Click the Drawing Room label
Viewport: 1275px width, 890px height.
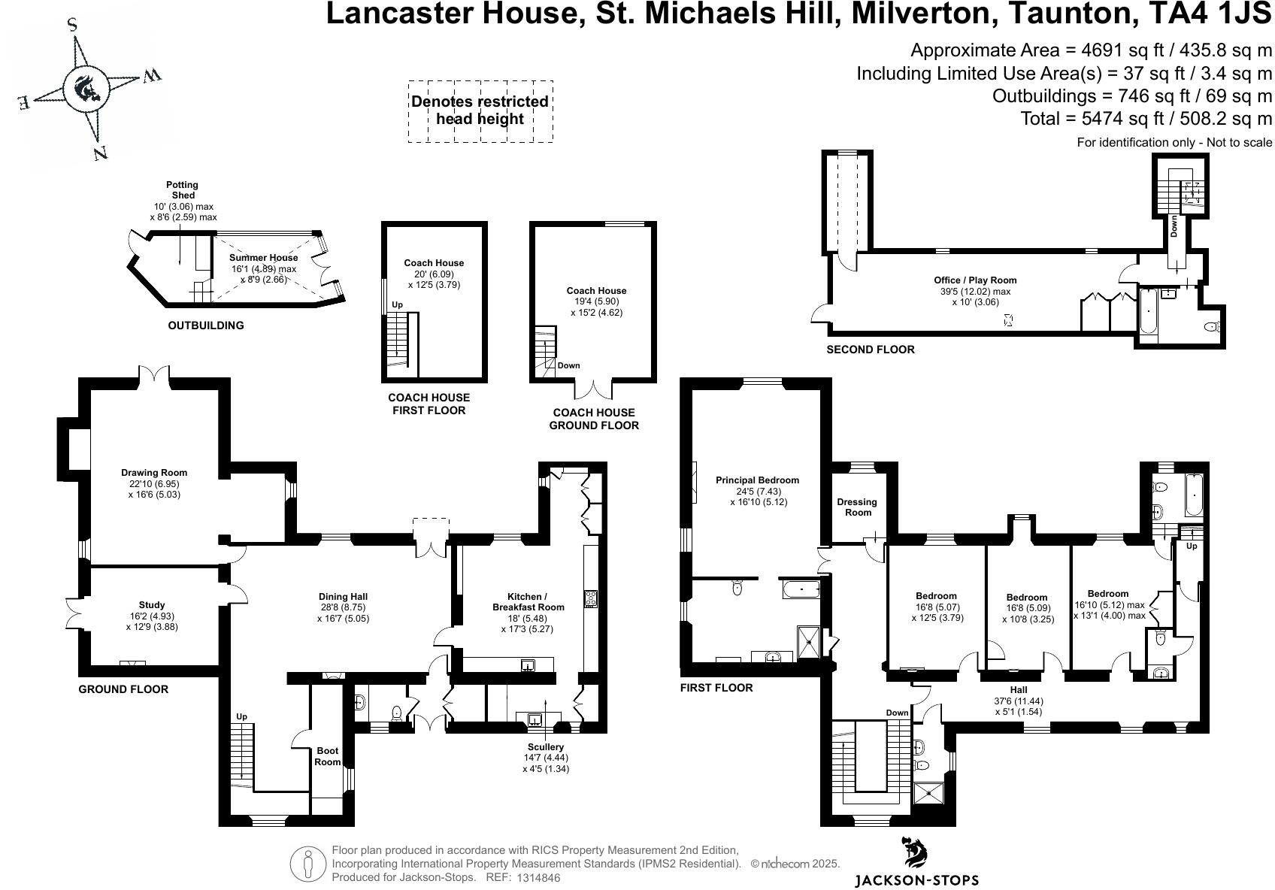click(x=154, y=473)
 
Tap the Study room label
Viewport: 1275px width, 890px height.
click(x=152, y=605)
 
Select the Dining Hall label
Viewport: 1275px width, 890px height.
click(x=343, y=597)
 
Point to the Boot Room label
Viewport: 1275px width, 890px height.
click(x=327, y=756)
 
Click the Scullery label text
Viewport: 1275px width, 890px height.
click(x=545, y=747)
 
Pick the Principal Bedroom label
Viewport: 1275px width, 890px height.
click(x=757, y=480)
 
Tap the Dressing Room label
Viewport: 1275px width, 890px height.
click(x=857, y=507)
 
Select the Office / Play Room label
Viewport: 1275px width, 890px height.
click(x=975, y=280)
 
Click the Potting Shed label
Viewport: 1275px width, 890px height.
click(x=183, y=190)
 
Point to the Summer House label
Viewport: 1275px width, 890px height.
click(x=263, y=258)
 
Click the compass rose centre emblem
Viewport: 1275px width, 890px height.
click(x=84, y=89)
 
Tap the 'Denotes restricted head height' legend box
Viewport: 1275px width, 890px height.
click(x=480, y=110)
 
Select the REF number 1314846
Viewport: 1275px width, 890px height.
click(x=538, y=877)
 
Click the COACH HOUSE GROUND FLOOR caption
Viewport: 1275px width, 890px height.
click(x=594, y=419)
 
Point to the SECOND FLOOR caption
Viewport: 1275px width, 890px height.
click(x=870, y=350)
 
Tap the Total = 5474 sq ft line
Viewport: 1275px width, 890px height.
click(x=1146, y=118)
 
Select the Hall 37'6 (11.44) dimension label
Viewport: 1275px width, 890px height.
click(x=1019, y=701)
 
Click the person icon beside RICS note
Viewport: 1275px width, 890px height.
click(x=307, y=864)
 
